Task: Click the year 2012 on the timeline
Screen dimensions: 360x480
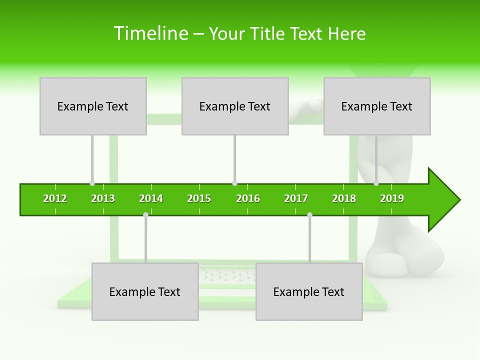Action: click(55, 198)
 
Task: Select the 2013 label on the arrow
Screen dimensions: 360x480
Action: click(103, 198)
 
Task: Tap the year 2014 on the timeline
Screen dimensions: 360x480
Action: click(151, 198)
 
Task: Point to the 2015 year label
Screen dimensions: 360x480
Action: click(199, 198)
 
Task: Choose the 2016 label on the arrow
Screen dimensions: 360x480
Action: click(248, 198)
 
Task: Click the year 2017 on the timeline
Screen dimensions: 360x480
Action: click(296, 198)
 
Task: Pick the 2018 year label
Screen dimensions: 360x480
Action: click(344, 198)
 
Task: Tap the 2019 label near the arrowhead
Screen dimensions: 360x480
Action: click(392, 198)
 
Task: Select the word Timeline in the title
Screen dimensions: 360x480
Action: click(149, 33)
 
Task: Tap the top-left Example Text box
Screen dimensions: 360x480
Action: click(93, 106)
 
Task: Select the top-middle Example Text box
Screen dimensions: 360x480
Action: click(235, 106)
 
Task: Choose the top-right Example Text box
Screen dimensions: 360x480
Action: click(377, 106)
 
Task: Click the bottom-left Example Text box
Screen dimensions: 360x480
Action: click(145, 291)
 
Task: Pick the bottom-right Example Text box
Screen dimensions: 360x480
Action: click(309, 291)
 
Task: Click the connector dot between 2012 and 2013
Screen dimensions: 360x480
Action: click(92, 183)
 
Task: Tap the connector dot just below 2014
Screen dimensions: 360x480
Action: click(145, 214)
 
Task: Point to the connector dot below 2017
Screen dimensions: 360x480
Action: click(309, 214)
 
